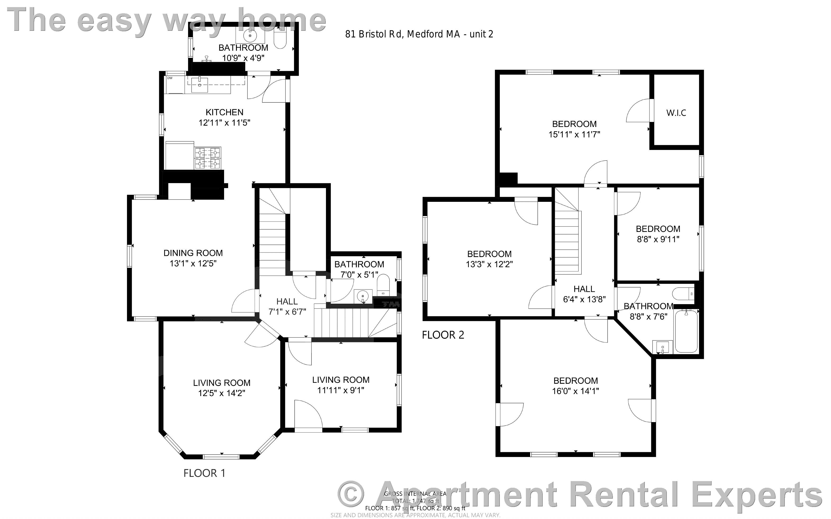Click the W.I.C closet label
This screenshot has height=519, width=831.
tap(676, 113)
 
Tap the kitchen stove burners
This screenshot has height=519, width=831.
tap(208, 158)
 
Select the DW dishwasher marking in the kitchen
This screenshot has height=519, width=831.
tap(170, 78)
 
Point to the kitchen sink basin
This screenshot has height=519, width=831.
tap(199, 85)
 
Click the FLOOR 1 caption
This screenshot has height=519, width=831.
tap(204, 473)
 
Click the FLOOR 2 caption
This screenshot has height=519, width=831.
tap(443, 335)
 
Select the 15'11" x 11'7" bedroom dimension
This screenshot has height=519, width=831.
tap(574, 135)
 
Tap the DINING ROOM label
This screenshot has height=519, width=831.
tap(193, 253)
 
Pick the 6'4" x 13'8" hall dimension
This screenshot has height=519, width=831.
tap(584, 299)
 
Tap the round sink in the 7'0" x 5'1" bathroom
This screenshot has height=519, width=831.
tap(362, 296)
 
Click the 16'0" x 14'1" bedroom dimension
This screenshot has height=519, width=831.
tap(575, 391)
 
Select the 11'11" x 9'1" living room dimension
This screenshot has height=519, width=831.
tap(340, 390)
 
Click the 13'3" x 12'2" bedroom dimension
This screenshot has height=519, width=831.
tap(489, 264)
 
